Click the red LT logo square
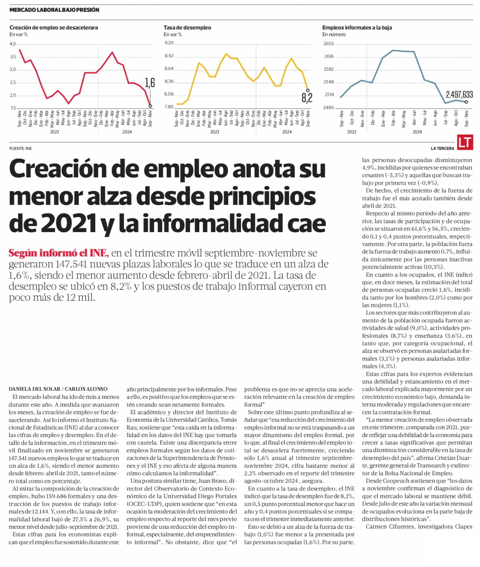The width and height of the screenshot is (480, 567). click(x=465, y=143)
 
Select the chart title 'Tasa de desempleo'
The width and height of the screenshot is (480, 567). click(x=187, y=27)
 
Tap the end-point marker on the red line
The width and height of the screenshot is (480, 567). click(x=151, y=106)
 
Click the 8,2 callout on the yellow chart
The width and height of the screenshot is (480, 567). click(x=307, y=98)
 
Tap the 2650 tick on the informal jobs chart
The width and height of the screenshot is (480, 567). click(x=328, y=44)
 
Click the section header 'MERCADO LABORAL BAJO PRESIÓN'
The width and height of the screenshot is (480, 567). click(x=54, y=10)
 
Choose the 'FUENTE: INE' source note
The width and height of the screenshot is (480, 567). click(x=21, y=149)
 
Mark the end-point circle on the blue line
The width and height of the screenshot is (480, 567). click(x=466, y=102)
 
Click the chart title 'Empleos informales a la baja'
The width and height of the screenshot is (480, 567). click(x=357, y=27)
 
